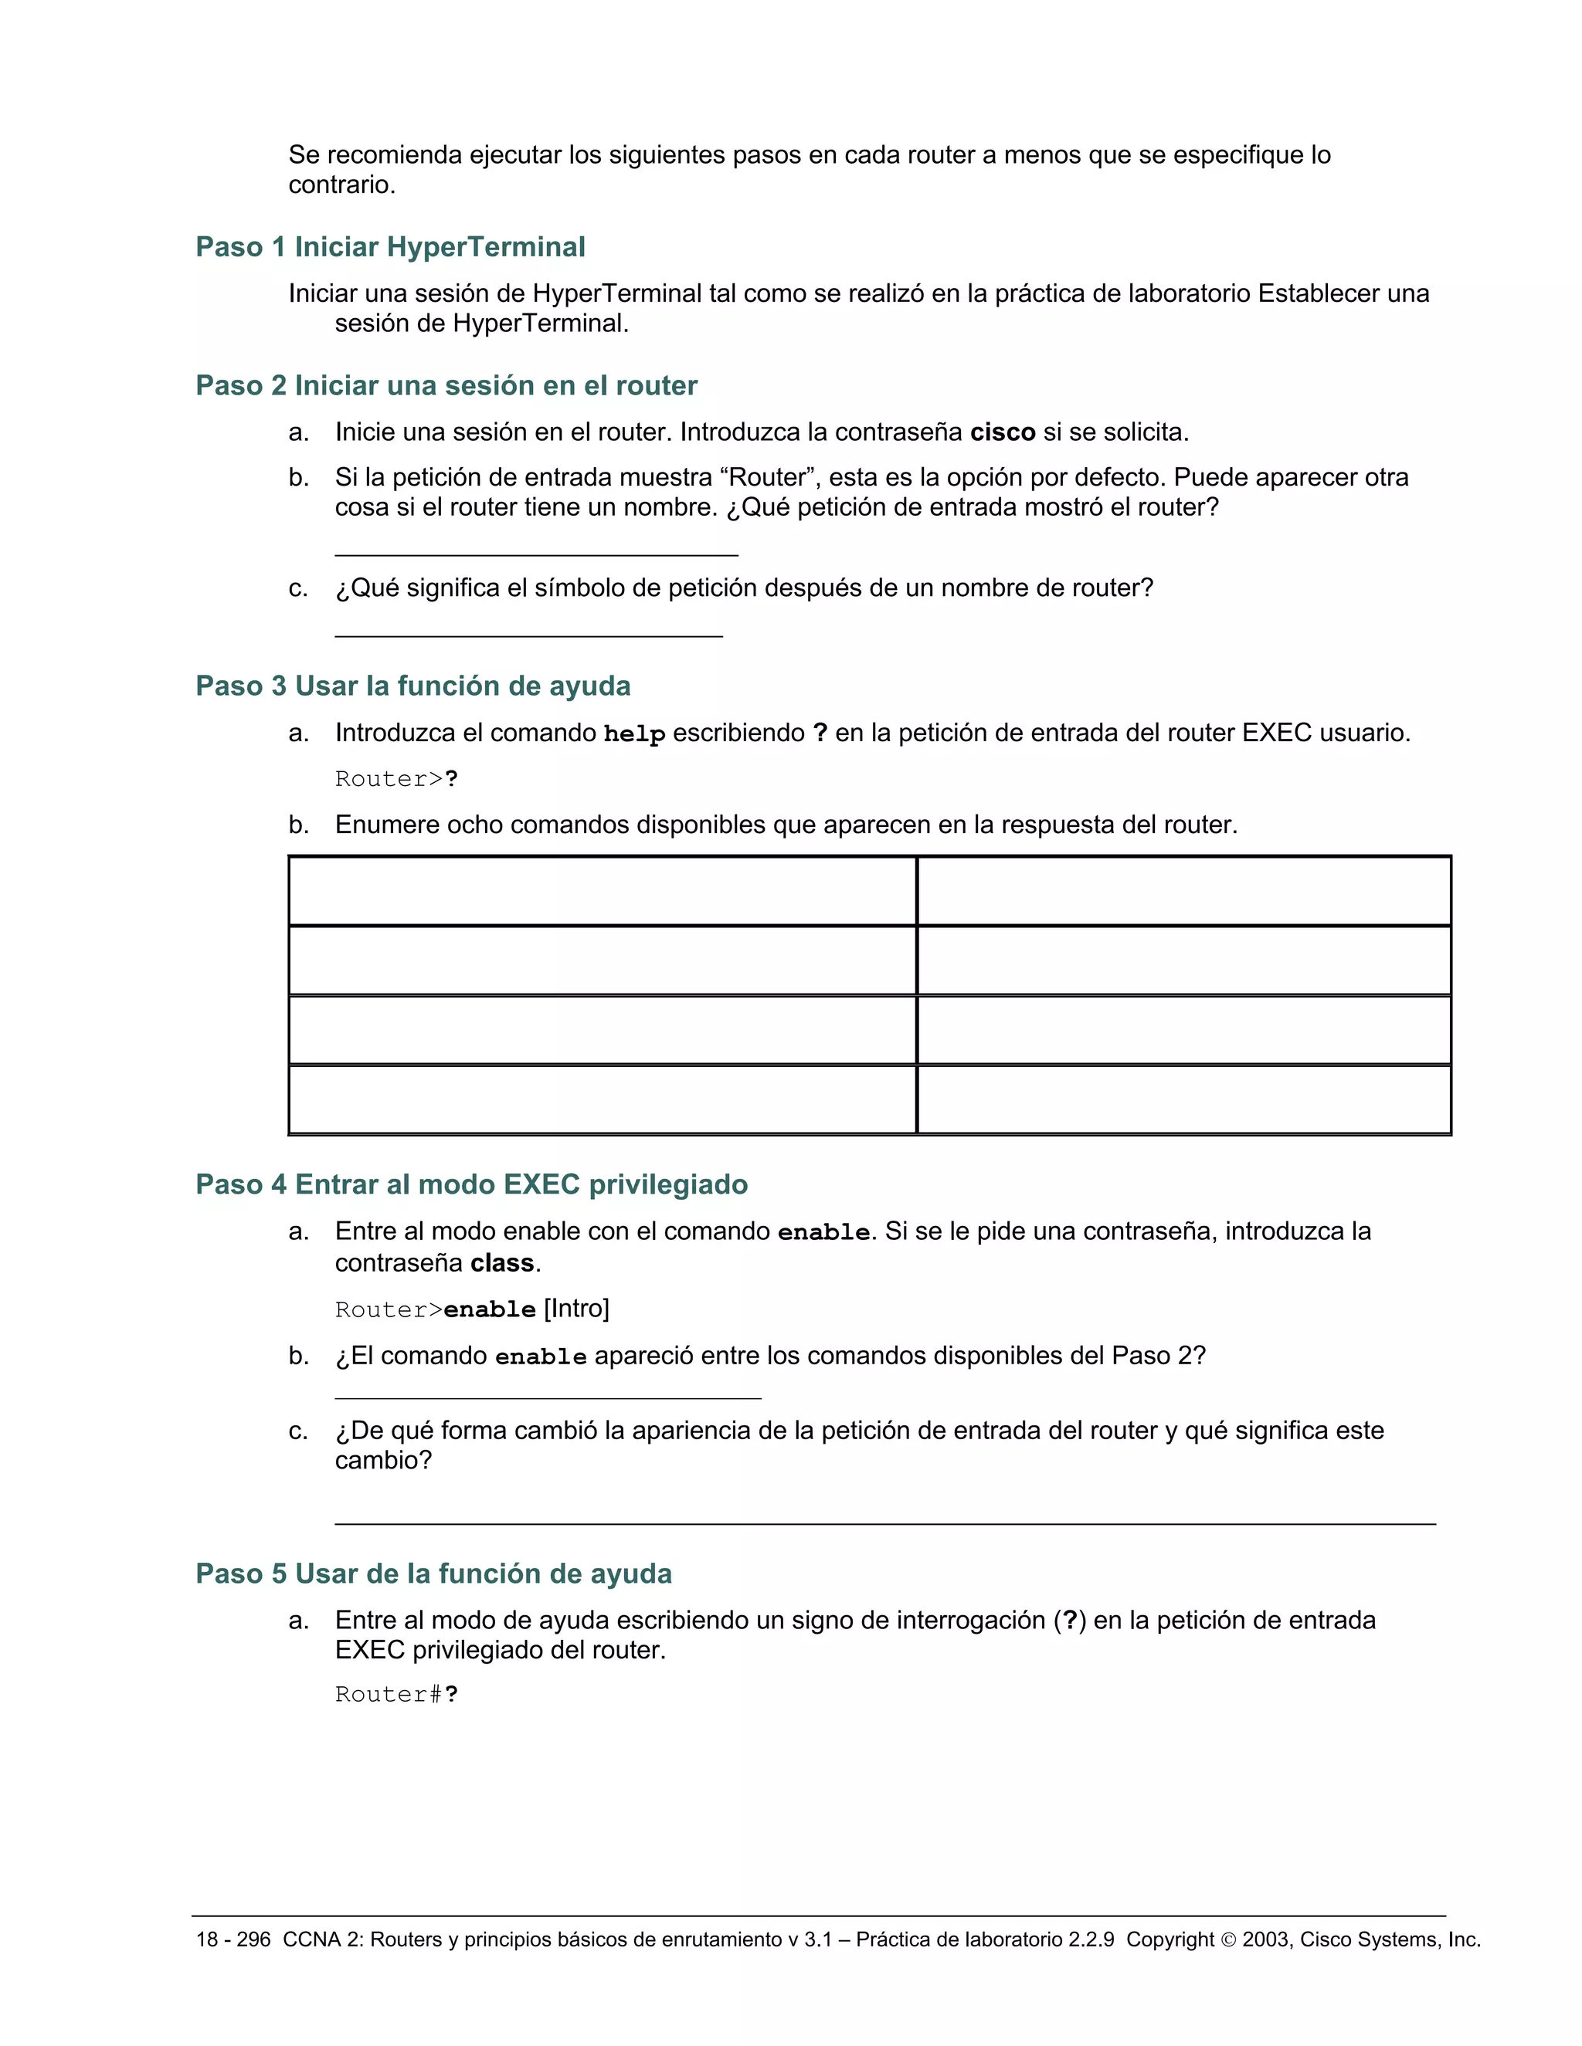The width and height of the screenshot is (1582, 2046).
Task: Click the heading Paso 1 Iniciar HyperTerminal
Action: (390, 247)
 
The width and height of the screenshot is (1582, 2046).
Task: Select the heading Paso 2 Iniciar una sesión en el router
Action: (446, 386)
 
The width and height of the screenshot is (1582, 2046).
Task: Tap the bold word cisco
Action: (1002, 433)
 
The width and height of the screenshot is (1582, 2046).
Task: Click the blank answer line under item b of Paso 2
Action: (536, 554)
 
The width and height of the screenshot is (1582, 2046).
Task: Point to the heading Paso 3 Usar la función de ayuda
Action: (412, 686)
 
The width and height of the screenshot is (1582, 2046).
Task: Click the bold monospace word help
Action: (633, 734)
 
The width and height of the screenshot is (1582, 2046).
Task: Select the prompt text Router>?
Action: (396, 780)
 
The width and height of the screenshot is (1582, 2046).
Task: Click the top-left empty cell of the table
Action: (602, 891)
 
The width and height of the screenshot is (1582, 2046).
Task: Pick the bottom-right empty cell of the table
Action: (1183, 1099)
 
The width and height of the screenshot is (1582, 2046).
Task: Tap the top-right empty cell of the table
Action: (1183, 891)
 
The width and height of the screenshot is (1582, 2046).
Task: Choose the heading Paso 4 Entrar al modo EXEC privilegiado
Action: (471, 1185)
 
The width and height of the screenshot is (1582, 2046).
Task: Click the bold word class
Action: (501, 1264)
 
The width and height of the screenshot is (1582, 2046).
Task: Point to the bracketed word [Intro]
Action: (576, 1309)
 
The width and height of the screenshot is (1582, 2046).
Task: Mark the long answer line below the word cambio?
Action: (884, 1523)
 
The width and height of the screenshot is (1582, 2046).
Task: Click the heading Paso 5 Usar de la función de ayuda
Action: (433, 1573)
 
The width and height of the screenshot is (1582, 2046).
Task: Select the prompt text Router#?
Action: (396, 1695)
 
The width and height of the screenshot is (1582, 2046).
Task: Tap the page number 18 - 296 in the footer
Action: (233, 1940)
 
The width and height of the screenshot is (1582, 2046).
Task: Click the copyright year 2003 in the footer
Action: (1265, 1940)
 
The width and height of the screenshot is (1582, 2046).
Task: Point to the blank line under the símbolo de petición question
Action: (528, 636)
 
